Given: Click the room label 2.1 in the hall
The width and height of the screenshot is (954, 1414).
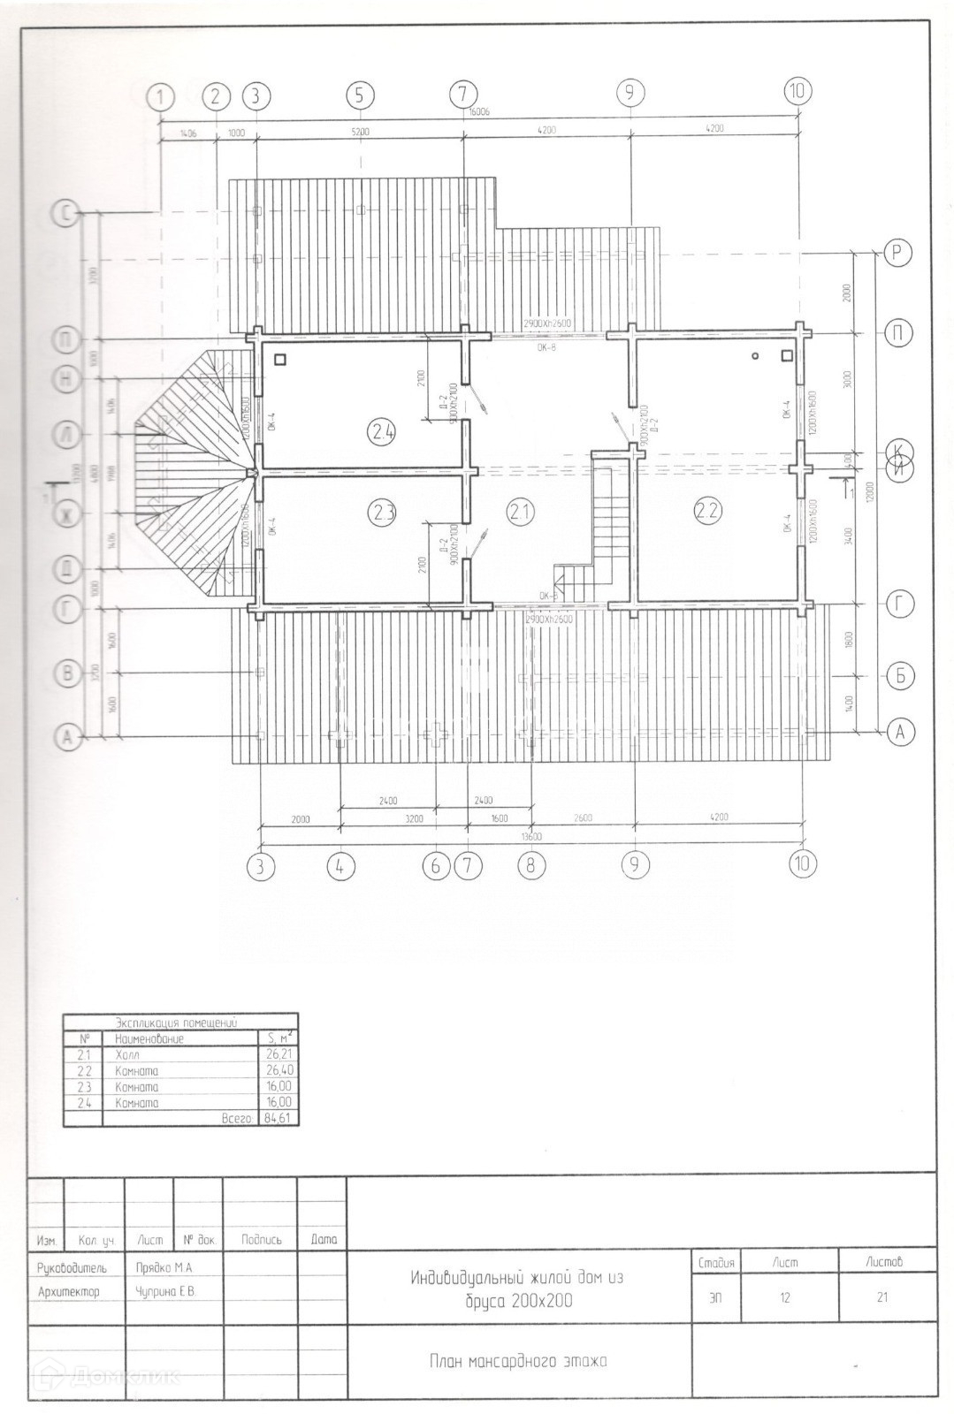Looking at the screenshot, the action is [x=520, y=510].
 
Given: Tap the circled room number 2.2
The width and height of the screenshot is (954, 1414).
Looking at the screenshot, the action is [x=707, y=510].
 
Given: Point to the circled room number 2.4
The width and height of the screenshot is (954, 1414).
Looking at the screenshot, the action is [x=383, y=432].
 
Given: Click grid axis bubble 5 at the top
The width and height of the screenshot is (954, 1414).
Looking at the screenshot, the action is [x=360, y=95].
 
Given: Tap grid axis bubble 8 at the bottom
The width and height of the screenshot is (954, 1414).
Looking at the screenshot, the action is [x=530, y=865].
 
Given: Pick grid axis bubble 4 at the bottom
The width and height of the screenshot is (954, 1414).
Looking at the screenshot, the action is [x=340, y=867].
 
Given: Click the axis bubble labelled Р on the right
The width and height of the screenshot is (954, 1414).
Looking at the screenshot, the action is [x=897, y=253].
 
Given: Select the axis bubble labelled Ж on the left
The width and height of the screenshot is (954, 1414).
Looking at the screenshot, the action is [x=67, y=513].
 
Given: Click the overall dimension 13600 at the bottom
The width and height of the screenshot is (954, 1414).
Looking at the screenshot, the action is [x=531, y=836].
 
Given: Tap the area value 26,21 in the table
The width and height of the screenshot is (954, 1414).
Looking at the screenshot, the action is [x=279, y=1055].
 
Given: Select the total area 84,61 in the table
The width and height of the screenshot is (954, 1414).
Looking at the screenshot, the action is [x=278, y=1118].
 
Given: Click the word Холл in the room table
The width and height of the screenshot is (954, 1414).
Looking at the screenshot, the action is [x=127, y=1055].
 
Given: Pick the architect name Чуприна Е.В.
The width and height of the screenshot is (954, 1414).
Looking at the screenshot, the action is [x=165, y=1291].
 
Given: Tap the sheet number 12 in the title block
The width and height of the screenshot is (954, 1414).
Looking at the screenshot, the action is [x=784, y=1297].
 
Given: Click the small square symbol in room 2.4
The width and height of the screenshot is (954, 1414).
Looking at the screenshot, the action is [x=280, y=360].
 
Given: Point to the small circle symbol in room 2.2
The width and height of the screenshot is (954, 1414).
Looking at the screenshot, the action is [x=756, y=356].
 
